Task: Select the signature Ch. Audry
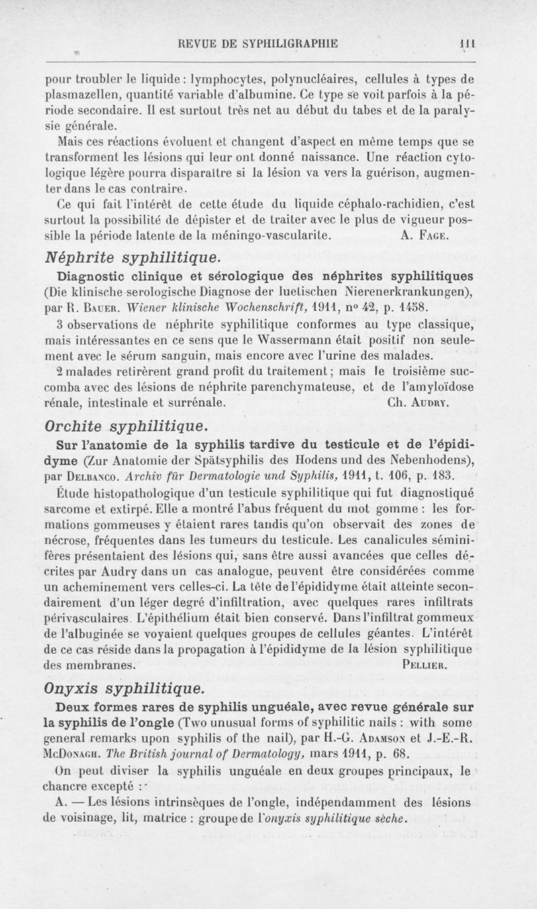click(419, 405)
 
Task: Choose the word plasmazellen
click(78, 94)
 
